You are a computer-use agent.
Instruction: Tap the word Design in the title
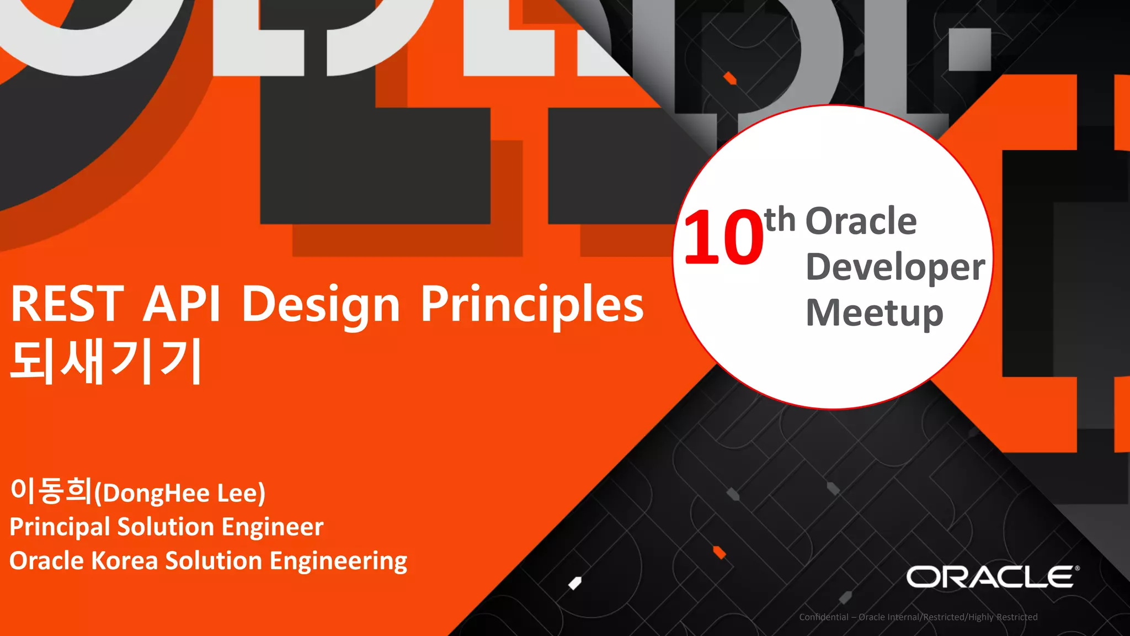point(321,305)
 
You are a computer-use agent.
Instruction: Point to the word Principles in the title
point(532,305)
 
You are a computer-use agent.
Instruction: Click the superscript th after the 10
point(780,219)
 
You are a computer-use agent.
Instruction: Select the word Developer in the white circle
point(895,267)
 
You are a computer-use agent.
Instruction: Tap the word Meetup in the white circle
point(875,313)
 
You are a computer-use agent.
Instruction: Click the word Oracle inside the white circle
point(861,221)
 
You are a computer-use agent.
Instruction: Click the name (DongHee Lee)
point(180,493)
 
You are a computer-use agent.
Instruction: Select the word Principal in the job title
point(60,527)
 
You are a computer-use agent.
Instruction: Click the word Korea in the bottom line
point(124,560)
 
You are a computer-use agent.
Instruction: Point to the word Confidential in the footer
point(823,617)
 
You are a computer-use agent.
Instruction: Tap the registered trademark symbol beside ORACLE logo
point(1077,568)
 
